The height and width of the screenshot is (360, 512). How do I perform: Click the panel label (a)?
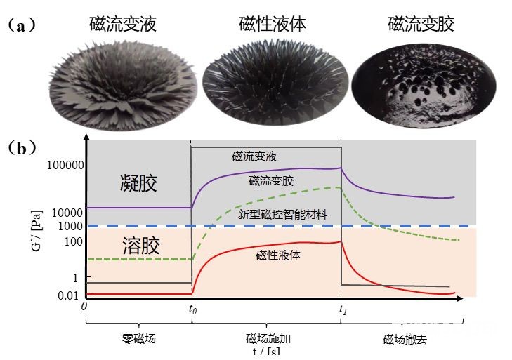coord(21,25)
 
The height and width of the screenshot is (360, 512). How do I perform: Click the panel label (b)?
coord(22,148)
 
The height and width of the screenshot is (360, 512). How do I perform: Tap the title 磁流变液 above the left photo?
coord(123,24)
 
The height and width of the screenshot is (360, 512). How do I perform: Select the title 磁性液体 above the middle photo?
coord(273,24)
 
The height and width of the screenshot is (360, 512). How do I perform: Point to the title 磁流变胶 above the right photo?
coord(421,24)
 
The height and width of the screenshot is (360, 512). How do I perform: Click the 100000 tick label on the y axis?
coord(65,165)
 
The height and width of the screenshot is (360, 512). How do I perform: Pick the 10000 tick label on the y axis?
coord(67,213)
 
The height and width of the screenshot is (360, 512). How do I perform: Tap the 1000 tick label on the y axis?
coord(70,226)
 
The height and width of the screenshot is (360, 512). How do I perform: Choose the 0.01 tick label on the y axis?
coord(68,295)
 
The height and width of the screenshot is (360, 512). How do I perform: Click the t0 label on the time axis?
coord(192,308)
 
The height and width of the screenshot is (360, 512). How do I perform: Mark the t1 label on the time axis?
coord(343,309)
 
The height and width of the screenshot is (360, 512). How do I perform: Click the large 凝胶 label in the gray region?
coord(139,182)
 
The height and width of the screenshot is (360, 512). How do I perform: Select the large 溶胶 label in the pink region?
coord(141,245)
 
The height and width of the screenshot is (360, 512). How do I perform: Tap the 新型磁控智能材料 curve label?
coord(282,215)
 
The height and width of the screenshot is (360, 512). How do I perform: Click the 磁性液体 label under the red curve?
coord(278,255)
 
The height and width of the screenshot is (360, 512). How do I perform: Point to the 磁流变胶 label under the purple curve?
coord(271,181)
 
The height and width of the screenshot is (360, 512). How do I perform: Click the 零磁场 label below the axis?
coord(139,339)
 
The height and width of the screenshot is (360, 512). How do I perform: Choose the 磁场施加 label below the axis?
coord(268,339)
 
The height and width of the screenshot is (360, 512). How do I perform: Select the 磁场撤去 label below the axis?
coord(405,340)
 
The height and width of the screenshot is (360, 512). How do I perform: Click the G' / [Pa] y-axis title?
coord(37,230)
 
